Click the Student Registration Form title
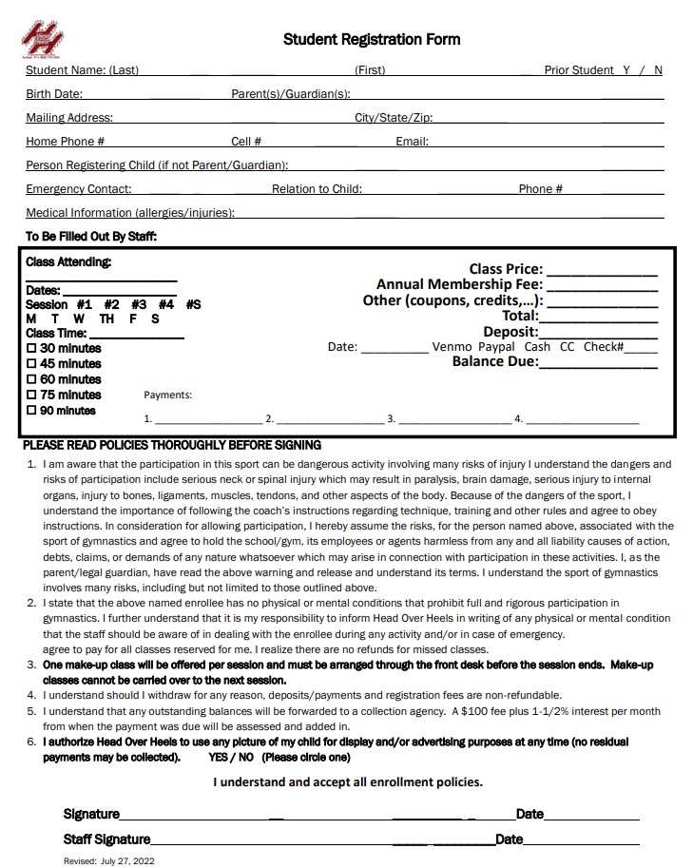pos(372,39)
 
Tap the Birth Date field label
pos(54,94)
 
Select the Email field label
pos(412,142)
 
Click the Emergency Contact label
pos(79,189)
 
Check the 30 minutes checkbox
pos(31,348)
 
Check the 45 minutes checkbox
pos(31,363)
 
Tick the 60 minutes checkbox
pos(31,379)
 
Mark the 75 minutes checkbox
pos(31,395)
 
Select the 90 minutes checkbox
pos(31,411)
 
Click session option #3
pos(139,304)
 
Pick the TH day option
pos(106,319)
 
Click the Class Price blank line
pos(602,270)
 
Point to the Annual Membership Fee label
pos(459,284)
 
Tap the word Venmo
pos(452,347)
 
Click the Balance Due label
pos(495,362)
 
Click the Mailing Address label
pos(69,118)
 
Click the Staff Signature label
pos(106,839)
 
